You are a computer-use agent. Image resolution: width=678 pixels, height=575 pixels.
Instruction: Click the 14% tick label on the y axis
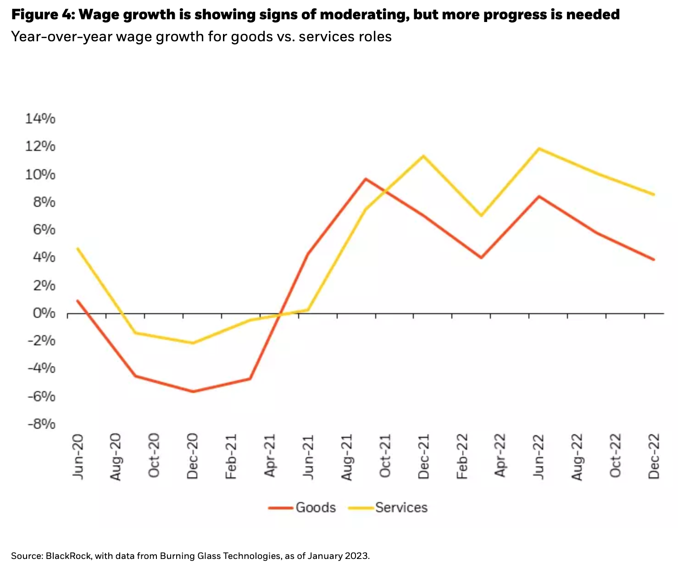click(40, 119)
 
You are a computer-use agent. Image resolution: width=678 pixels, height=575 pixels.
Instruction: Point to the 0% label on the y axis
click(43, 314)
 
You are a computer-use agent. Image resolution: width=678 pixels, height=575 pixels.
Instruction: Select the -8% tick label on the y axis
click(41, 425)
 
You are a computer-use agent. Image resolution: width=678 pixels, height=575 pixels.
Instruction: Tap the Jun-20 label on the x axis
click(78, 457)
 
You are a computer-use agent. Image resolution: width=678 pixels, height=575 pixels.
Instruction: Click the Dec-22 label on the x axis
click(654, 457)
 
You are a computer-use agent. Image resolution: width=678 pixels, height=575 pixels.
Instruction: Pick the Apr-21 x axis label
click(270, 457)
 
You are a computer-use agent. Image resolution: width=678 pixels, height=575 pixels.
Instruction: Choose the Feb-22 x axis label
click(462, 457)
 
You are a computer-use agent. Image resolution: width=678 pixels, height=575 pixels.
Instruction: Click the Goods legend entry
click(316, 508)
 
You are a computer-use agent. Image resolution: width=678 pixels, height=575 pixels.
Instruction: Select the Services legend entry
click(401, 508)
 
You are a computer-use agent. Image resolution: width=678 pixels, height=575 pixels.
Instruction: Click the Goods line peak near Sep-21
click(366, 178)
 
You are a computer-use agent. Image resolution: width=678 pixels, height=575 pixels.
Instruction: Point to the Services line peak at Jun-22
click(539, 149)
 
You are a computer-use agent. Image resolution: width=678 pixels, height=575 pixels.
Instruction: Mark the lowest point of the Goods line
click(193, 392)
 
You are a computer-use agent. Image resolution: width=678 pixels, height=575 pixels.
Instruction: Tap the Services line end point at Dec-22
click(654, 194)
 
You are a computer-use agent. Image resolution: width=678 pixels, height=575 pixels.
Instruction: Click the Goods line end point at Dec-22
click(654, 260)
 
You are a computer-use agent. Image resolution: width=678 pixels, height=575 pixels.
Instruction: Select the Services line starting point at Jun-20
click(78, 249)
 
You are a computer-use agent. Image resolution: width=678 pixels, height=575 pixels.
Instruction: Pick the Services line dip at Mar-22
click(481, 216)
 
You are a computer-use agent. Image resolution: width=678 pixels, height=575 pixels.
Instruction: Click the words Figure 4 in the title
click(41, 15)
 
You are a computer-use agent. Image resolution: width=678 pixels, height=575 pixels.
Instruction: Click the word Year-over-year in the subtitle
click(61, 36)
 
